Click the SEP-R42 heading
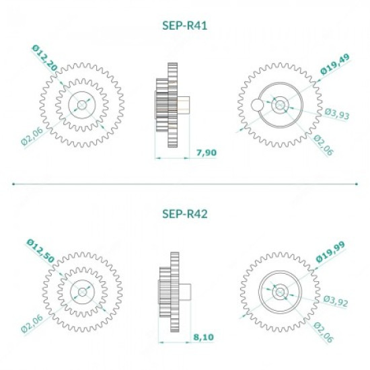pos(184,215)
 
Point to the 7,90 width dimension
pos(206,153)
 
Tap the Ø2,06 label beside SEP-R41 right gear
pos(324,145)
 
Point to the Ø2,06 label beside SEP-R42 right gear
pos(324,332)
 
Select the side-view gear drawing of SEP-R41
pos(170,104)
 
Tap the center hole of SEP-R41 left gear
pos(82,104)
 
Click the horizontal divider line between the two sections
pos(184,182)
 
